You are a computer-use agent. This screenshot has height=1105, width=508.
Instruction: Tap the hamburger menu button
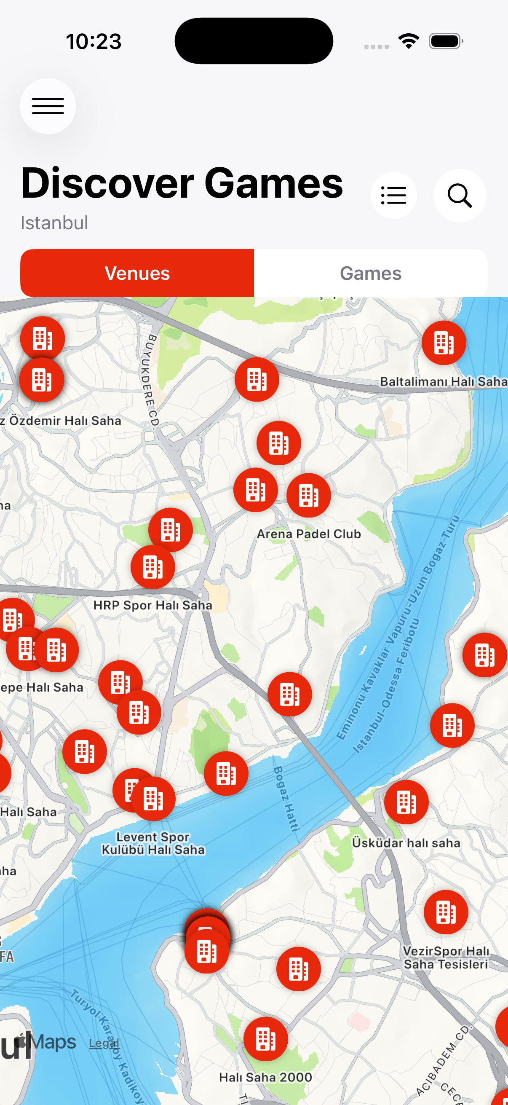point(48,106)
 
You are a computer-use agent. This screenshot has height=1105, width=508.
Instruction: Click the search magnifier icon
point(460,196)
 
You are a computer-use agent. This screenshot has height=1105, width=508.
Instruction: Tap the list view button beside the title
point(393,196)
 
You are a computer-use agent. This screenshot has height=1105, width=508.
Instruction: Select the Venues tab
point(137,273)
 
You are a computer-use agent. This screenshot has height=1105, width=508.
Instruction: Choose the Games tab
point(370,273)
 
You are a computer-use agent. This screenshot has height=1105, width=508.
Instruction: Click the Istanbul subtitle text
point(54,223)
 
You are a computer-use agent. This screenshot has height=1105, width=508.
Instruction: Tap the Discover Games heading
point(182,183)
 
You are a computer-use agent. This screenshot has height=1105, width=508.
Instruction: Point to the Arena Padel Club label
point(309,534)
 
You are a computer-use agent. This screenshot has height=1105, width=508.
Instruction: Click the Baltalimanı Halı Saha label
point(443,381)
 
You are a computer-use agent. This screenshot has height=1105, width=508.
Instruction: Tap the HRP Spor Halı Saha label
point(152,605)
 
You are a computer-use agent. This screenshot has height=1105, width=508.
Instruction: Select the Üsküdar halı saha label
point(406,843)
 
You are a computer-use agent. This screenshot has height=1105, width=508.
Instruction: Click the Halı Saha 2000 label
point(265,1077)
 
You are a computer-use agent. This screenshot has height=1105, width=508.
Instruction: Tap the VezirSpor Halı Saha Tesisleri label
point(446,958)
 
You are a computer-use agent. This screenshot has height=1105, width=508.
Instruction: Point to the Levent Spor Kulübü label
point(153,843)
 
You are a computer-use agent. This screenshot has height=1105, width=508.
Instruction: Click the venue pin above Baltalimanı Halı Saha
point(444,343)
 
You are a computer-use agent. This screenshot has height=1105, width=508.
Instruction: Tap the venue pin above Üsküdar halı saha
point(406,802)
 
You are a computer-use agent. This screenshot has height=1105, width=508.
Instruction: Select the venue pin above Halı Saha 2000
point(265,1039)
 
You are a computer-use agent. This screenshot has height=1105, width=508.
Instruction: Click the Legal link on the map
point(104,1043)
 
